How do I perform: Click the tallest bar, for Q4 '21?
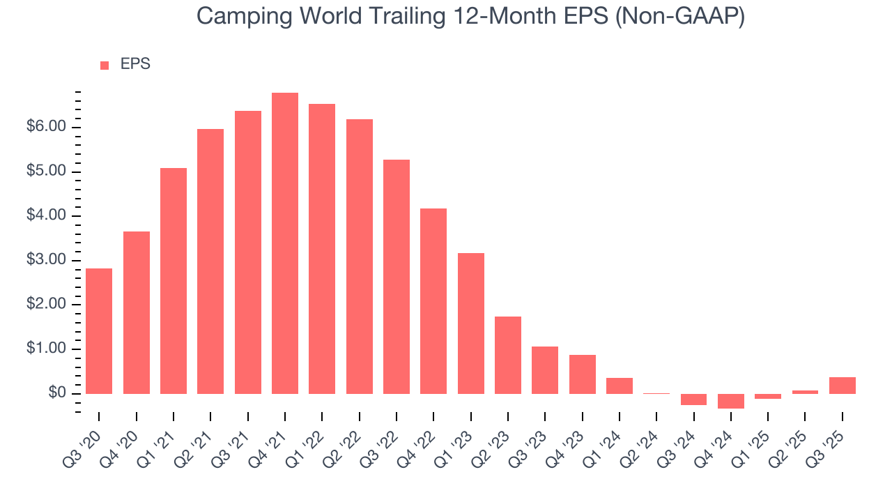coord(285,243)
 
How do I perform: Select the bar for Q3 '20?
coord(99,331)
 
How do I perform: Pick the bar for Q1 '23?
coord(471,324)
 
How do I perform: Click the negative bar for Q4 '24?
coord(731,401)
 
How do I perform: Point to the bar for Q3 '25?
coord(843,386)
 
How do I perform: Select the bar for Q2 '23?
coord(508,355)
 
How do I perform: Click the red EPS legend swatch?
coord(105,65)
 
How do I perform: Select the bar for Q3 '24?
coord(694,400)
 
